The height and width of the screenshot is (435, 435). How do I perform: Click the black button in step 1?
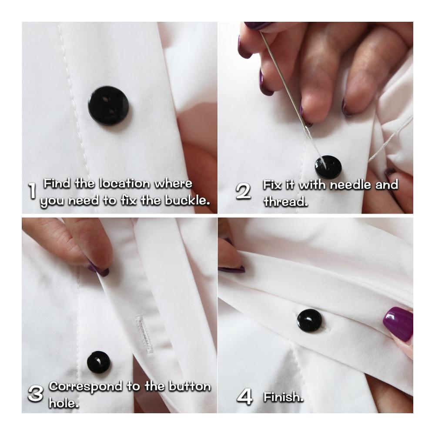108,106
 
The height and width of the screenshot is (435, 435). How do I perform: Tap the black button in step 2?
328,167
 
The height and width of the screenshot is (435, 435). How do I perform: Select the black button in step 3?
98,362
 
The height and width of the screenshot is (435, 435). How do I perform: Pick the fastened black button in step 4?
309,321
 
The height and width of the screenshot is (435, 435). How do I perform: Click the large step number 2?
243,191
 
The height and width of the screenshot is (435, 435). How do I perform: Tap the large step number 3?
36,394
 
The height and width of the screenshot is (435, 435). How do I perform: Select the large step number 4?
244,396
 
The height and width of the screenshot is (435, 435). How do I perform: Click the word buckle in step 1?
187,200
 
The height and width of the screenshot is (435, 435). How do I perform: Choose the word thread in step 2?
285,201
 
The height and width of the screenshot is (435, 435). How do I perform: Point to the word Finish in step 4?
283,397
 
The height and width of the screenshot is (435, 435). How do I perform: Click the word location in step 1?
124,184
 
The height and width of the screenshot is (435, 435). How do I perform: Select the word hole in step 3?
64,403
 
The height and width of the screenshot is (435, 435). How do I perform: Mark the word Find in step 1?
57,184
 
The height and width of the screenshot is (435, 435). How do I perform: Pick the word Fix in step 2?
271,185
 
